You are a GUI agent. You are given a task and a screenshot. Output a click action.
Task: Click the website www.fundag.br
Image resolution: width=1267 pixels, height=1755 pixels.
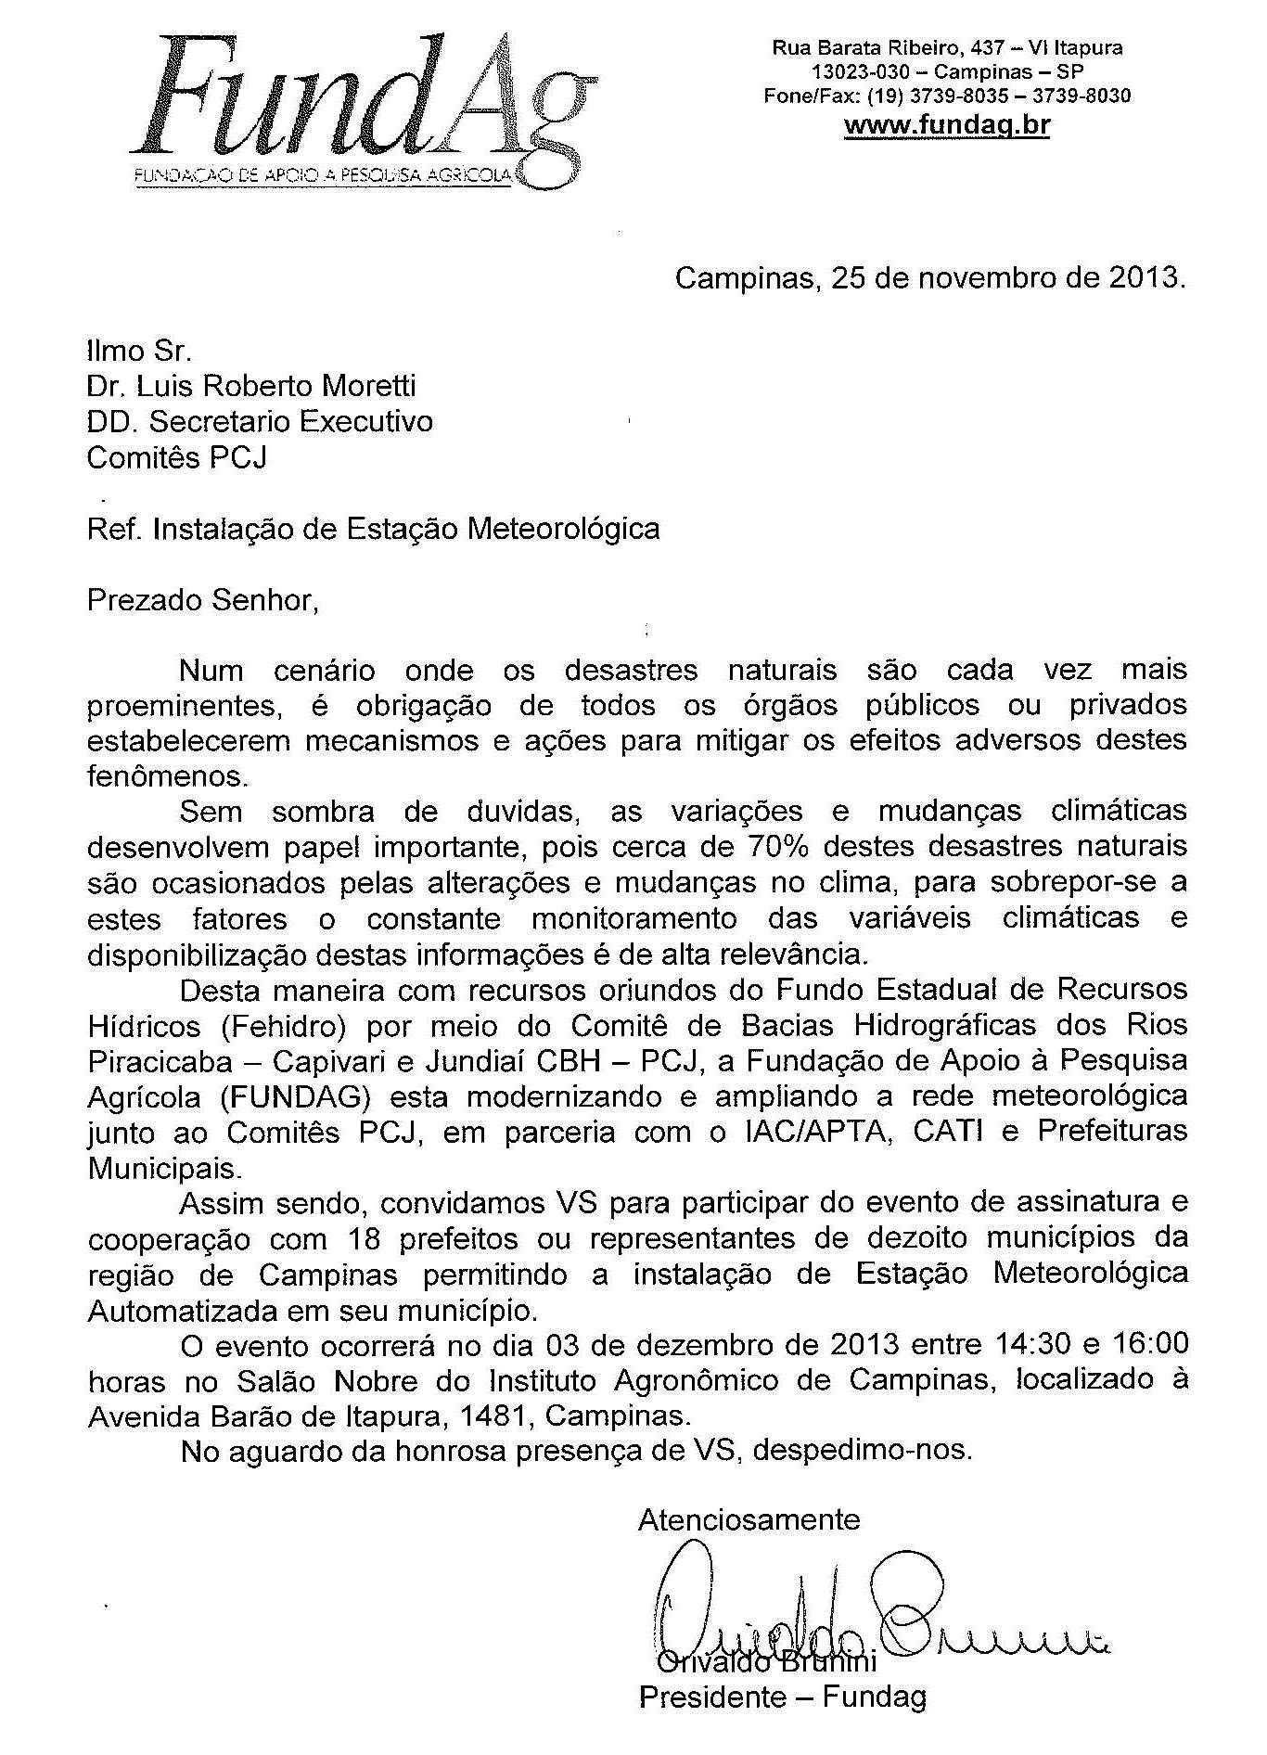946,124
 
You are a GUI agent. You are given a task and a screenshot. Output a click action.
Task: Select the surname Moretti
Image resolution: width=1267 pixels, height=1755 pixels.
362,385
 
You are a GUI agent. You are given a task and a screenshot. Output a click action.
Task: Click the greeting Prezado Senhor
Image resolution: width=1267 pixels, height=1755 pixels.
202,600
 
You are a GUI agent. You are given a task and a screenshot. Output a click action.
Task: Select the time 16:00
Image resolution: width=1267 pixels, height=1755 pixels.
1147,1344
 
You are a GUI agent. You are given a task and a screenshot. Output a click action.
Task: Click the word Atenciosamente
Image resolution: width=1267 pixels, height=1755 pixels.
749,1519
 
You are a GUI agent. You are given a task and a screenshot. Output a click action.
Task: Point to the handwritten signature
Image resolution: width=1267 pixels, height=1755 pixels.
872,1605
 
